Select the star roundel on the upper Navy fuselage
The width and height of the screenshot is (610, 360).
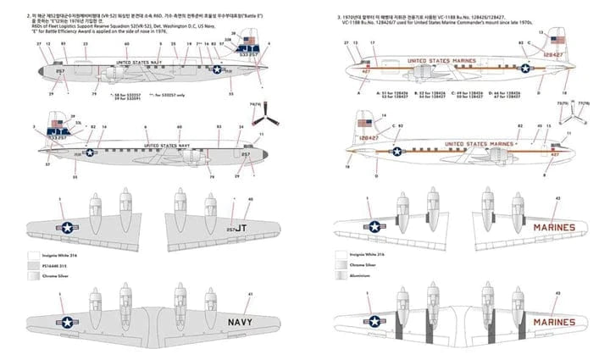(x=215, y=71)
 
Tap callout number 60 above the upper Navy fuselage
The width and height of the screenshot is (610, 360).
(x=126, y=44)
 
